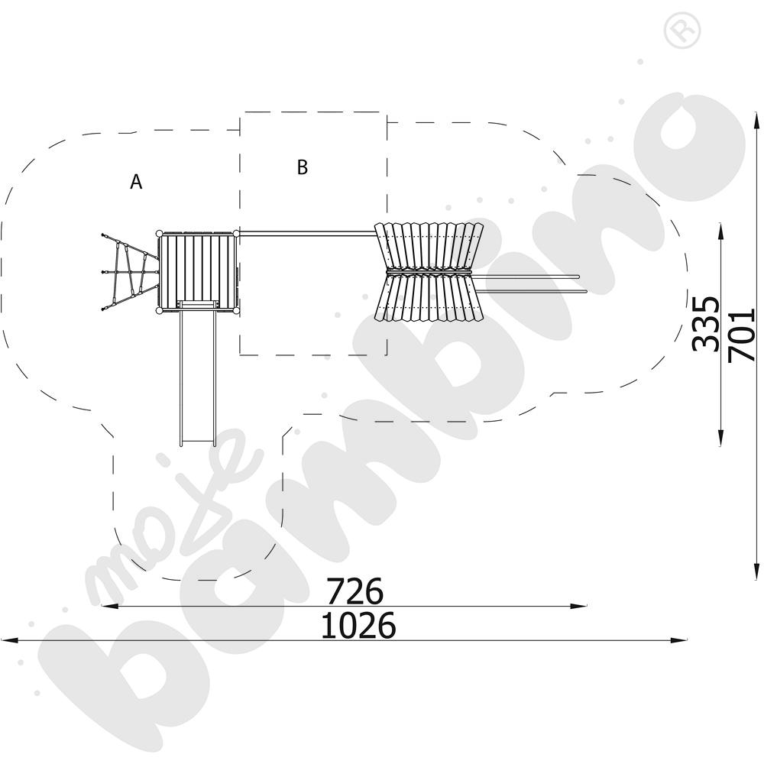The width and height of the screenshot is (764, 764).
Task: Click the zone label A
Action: pos(137,182)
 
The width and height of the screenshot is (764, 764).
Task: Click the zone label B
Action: pos(303,167)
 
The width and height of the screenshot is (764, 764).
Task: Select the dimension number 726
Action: pos(354,591)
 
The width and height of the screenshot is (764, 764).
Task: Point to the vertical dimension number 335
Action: pos(705,323)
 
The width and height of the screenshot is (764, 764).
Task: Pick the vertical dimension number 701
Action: pos(741,335)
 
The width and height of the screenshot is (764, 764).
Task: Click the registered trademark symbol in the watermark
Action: pos(682,30)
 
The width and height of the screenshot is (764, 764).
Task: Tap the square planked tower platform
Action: pos(197,272)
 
